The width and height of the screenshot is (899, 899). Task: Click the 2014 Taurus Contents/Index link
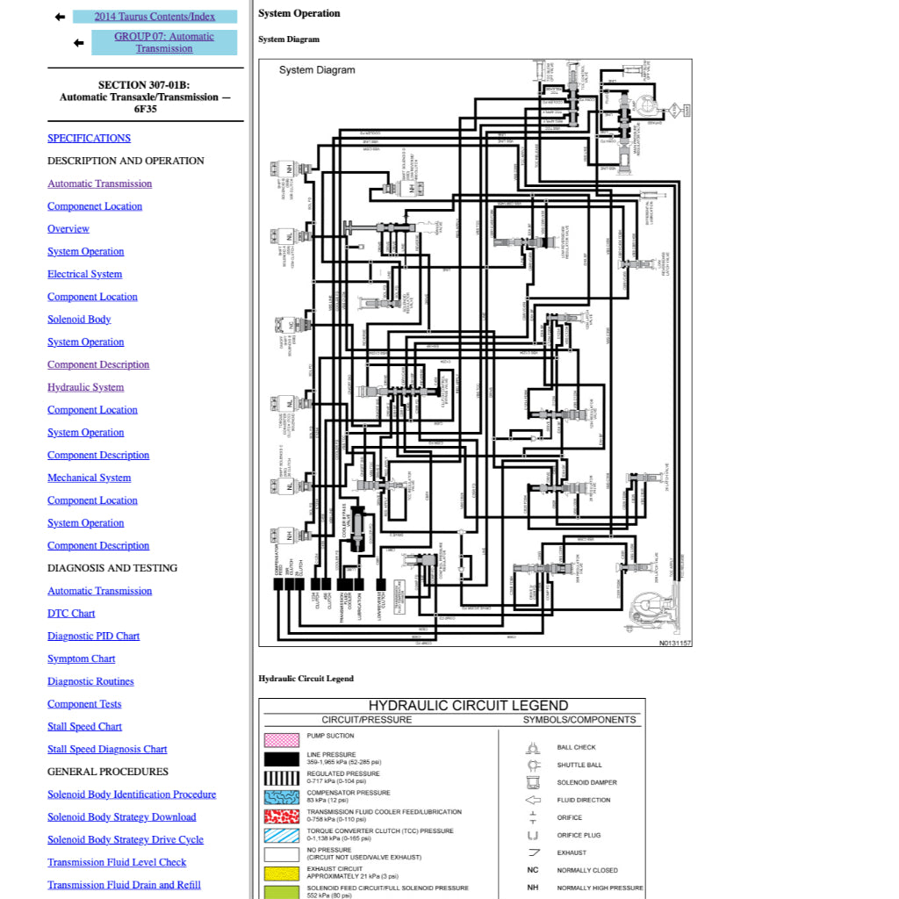[154, 17]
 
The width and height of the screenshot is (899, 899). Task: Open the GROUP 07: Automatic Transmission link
[164, 42]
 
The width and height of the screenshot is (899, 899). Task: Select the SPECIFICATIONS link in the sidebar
[89, 138]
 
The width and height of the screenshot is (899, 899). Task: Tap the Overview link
[68, 229]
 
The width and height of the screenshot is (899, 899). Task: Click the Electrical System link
[84, 274]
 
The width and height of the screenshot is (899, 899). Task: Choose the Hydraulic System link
[85, 387]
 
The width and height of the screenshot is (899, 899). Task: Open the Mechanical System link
[89, 478]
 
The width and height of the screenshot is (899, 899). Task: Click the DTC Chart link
[71, 614]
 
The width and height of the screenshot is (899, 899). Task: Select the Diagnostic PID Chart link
[93, 636]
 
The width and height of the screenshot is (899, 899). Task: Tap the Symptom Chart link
[81, 658]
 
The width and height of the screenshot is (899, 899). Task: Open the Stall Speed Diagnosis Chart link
[107, 749]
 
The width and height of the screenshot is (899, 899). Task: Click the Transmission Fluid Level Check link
[117, 862]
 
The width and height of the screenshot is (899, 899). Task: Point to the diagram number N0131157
[675, 644]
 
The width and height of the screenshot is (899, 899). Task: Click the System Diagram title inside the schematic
[317, 70]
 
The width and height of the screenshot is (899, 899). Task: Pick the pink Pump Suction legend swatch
[283, 740]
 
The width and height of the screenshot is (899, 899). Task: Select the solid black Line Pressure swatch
[283, 759]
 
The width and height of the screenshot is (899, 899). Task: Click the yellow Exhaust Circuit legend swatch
[283, 874]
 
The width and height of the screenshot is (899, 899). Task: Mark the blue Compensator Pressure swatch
[283, 797]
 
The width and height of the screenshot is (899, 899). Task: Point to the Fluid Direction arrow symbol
[532, 801]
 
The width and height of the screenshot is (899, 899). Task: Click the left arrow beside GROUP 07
[79, 42]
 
